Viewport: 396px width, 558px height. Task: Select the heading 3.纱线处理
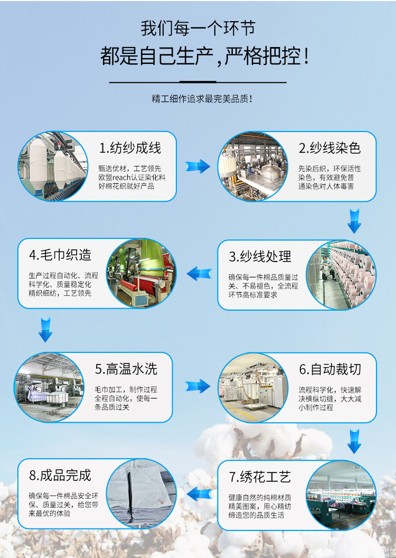pos(260,257)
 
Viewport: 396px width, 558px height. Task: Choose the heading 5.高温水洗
pos(126,368)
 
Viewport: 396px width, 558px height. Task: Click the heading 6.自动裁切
pos(330,369)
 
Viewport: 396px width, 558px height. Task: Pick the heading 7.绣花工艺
pos(260,477)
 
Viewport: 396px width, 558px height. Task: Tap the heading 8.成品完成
pos(60,475)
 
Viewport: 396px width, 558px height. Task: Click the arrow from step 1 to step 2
pos(197,166)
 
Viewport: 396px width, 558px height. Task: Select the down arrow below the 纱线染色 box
pos(354,221)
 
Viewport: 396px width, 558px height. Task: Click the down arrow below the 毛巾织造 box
pos(46,329)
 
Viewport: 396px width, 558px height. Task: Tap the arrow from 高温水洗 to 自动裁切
pos(197,386)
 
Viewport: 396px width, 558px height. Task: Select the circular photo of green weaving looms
pos(141,273)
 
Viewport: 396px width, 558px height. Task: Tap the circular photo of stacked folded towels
pos(141,494)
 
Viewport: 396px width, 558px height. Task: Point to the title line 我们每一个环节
pos(198,27)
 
